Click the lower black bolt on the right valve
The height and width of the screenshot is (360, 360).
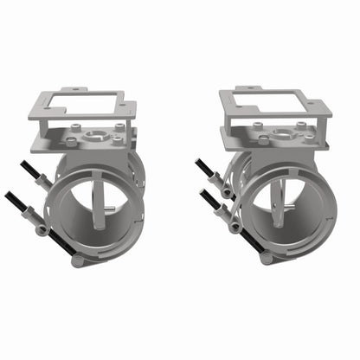210,198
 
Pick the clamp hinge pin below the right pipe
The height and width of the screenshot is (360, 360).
267,257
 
